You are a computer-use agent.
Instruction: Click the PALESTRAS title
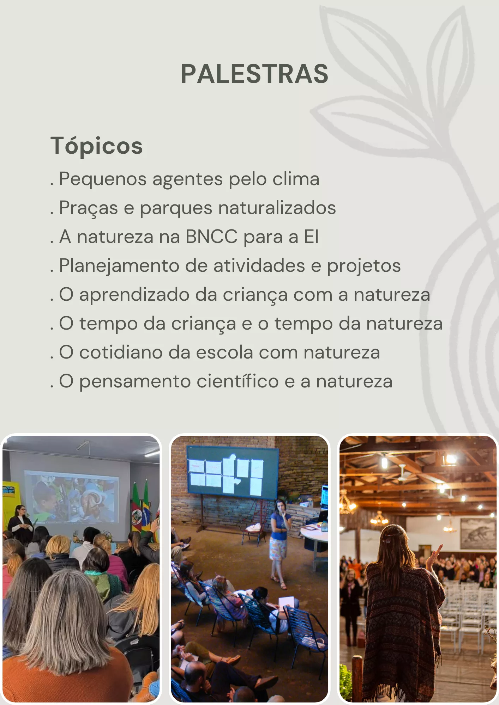[x=254, y=74]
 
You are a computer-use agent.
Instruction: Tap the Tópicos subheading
[x=96, y=146]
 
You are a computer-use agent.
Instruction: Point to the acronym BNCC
[x=211, y=237]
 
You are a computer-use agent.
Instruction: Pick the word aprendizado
[x=134, y=295]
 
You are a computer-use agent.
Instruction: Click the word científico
[x=238, y=381]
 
